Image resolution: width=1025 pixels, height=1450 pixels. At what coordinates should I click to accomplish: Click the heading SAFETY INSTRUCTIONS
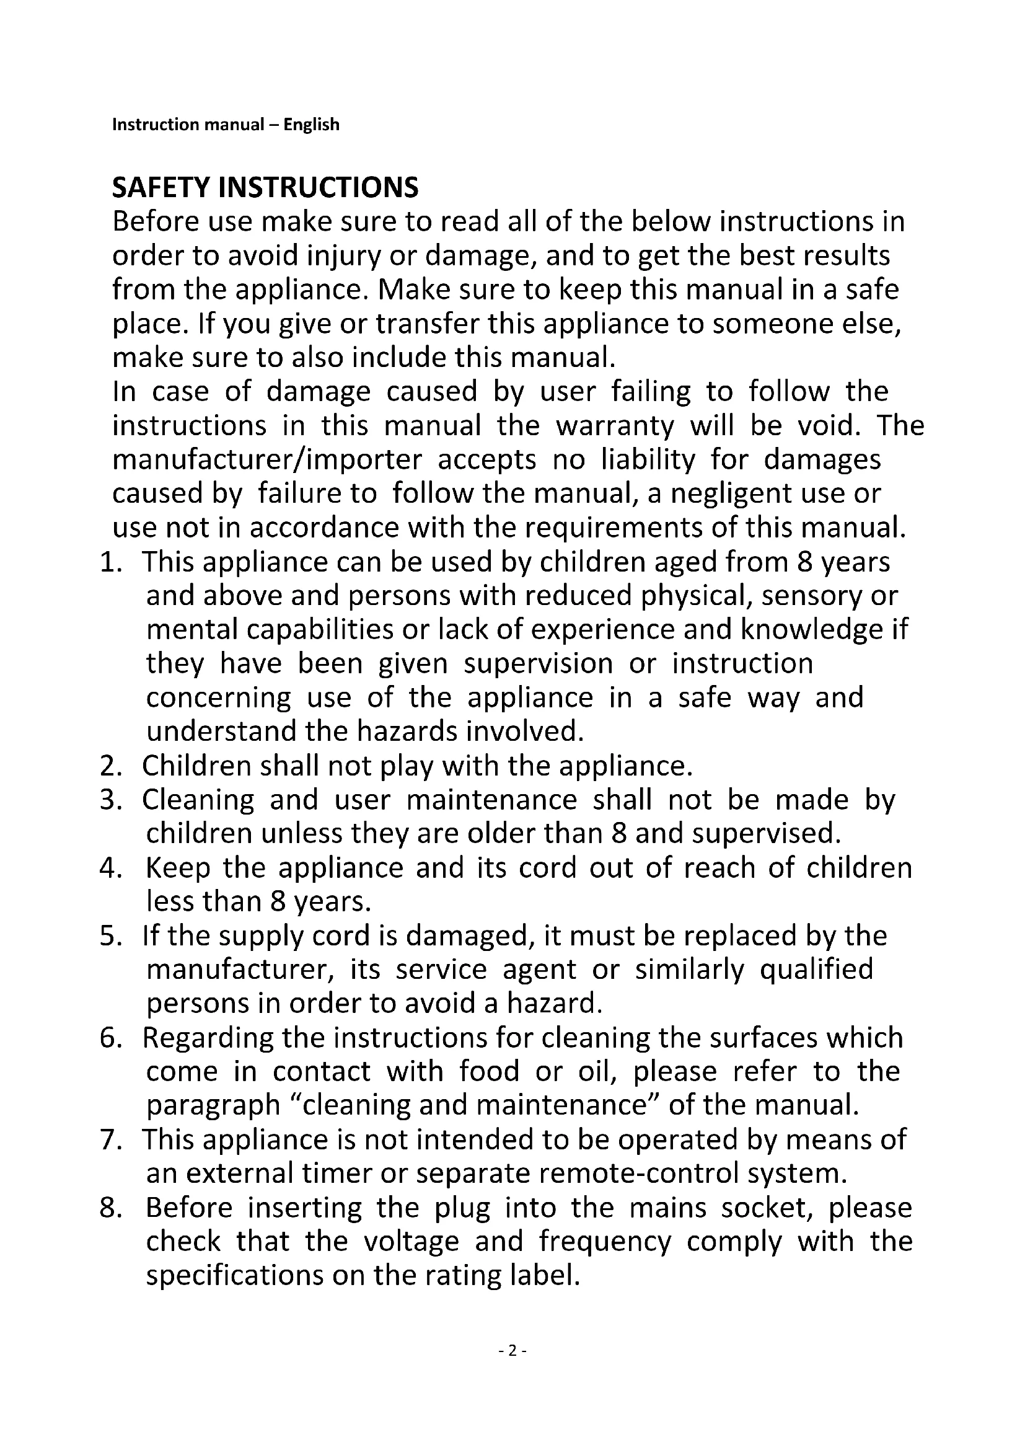[x=265, y=188]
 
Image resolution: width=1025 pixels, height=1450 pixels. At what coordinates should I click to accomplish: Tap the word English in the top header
[x=311, y=125]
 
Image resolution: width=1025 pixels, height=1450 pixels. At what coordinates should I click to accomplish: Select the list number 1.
[x=110, y=562]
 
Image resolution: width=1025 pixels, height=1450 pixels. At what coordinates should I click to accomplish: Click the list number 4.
[x=110, y=869]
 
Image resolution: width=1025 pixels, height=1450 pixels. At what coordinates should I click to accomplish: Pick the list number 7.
[x=110, y=1140]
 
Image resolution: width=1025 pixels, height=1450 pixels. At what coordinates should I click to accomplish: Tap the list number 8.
[x=110, y=1208]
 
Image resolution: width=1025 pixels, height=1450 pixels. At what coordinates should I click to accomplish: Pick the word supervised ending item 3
[x=766, y=834]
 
